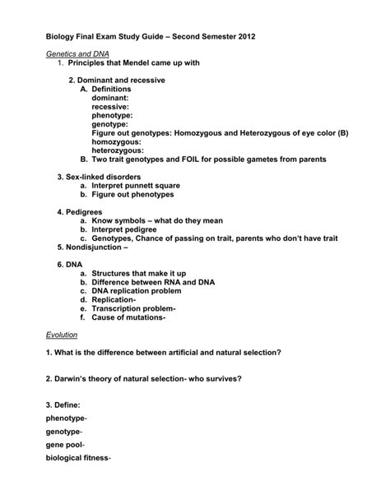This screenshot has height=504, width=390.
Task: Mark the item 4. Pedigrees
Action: [x=85, y=212]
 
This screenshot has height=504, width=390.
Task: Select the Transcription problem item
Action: [x=132, y=308]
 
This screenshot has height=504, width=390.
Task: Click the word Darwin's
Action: [x=72, y=378]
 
